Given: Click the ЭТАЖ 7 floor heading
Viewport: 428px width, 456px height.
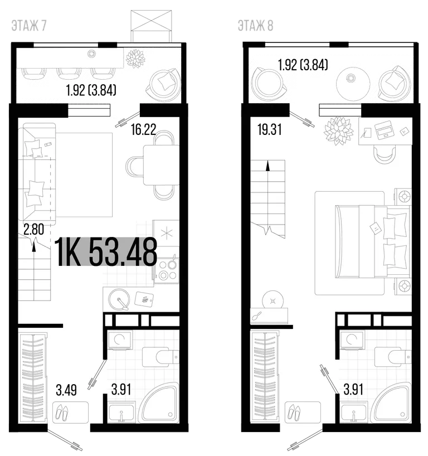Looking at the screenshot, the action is [x=29, y=26].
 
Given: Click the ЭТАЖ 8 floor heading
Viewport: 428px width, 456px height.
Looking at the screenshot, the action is [x=256, y=26].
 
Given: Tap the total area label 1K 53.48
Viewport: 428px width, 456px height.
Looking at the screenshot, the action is [x=106, y=252].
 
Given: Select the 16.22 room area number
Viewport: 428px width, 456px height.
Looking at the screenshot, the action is [x=144, y=129].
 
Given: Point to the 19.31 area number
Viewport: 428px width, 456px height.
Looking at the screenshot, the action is [x=270, y=129].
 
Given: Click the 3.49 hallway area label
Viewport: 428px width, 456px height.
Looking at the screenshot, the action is [x=66, y=390].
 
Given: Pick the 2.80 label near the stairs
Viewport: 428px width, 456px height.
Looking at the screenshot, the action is [x=34, y=229].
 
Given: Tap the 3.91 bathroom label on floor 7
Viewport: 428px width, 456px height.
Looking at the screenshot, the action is [x=121, y=390].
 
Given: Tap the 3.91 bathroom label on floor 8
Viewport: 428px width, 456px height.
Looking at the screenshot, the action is [x=353, y=390].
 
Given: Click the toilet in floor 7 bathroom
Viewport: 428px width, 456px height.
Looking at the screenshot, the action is [x=160, y=357].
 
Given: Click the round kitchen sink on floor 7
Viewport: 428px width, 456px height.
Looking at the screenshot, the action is [x=119, y=299].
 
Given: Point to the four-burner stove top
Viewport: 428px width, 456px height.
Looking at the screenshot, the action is [x=167, y=270].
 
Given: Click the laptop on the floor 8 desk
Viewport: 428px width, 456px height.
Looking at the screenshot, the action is [x=385, y=130].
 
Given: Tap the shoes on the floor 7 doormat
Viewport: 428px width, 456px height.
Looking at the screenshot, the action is [x=62, y=412].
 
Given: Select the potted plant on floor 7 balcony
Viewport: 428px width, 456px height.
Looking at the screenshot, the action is [x=135, y=59].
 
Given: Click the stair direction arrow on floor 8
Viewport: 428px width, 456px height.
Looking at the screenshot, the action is [x=267, y=166].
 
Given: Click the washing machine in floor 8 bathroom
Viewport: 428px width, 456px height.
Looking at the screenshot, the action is [x=352, y=340].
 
